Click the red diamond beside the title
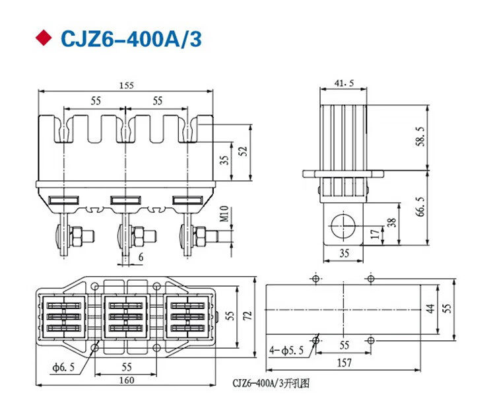44,38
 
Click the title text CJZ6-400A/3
131,39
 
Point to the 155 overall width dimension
127,85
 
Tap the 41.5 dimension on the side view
344,83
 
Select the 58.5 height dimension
420,137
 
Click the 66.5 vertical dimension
420,206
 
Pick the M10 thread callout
224,214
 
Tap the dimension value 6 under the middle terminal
141,257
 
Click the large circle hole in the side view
343,226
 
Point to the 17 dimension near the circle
375,235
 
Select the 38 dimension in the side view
392,223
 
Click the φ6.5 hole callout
64,367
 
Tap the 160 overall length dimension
127,380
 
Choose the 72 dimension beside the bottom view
247,316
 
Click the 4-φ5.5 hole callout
286,350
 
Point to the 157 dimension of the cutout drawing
344,363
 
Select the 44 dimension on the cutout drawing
431,308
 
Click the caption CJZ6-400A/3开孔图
271,383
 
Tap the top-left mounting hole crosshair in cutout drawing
315,279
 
